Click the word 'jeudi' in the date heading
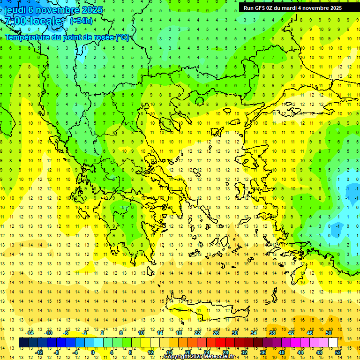coord(15,10)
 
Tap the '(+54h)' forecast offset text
coord(81,21)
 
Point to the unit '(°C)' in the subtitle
coord(122,37)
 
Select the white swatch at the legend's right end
coord(333,343)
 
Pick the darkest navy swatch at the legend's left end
coord(23,343)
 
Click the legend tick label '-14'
coord(30,333)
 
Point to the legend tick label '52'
coord(338,352)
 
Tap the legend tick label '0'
coord(92,352)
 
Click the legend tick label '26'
coord(217,333)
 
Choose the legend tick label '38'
coord(272,333)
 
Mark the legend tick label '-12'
coord(39,352)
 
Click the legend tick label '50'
coord(328,333)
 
